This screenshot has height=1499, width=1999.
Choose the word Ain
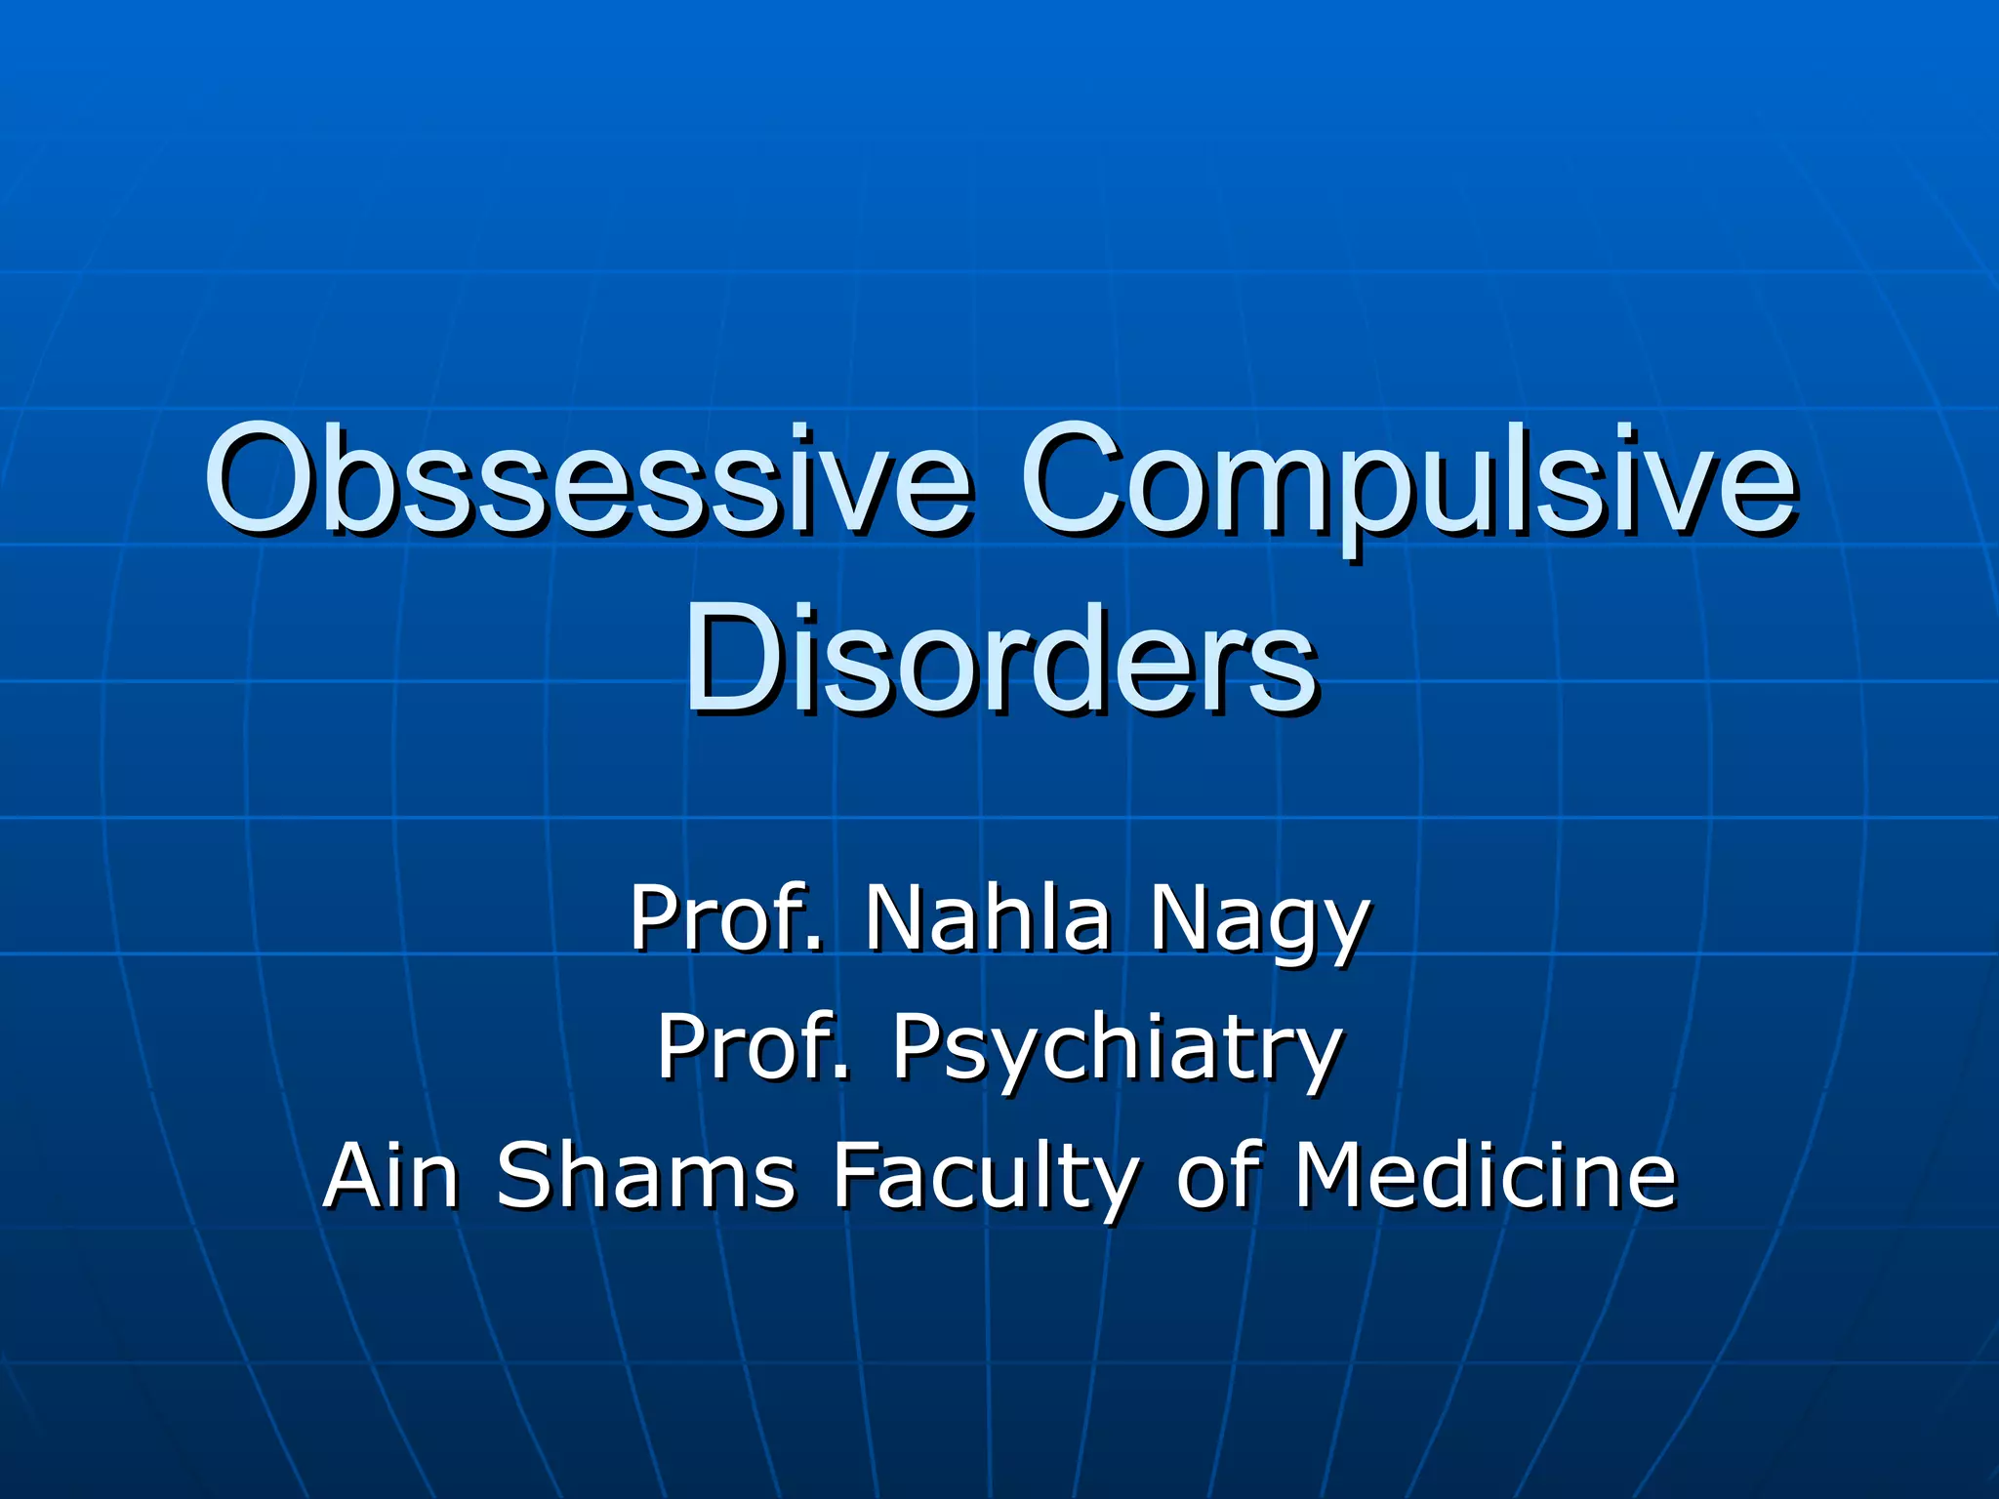coord(390,1175)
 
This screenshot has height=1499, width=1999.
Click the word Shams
coord(645,1175)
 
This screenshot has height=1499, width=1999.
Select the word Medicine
coord(1485,1175)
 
